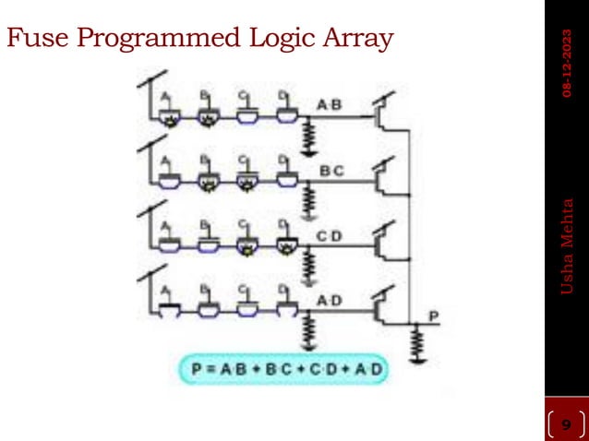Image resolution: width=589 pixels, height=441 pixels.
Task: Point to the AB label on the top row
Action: point(329,104)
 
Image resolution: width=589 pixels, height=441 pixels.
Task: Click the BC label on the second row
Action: point(330,171)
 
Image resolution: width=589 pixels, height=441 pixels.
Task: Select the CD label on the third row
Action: point(330,237)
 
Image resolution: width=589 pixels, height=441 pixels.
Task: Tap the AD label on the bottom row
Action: point(330,302)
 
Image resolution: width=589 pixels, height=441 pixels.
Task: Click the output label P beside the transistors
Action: point(436,316)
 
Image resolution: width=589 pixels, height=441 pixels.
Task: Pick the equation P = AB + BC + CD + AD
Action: point(284,370)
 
